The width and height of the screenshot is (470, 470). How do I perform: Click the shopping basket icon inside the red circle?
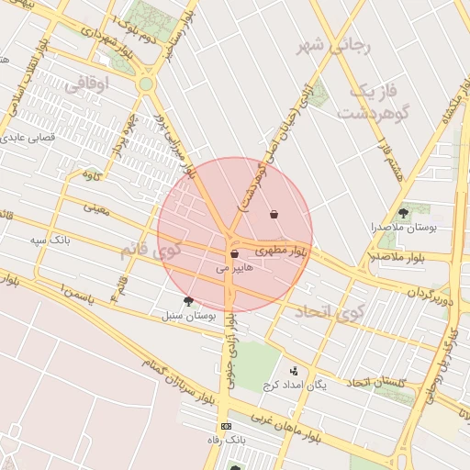[274, 213]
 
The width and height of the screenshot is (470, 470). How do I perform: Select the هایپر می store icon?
[234, 253]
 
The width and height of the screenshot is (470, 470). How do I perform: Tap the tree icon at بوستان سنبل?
[188, 300]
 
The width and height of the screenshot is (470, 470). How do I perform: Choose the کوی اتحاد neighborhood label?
[330, 312]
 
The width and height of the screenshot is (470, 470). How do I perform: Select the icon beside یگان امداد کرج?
[294, 371]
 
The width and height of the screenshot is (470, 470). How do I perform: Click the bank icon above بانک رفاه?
[226, 427]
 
